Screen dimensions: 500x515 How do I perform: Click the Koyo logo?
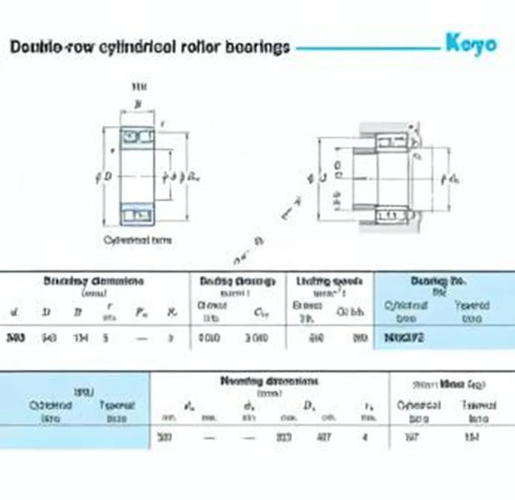[x=471, y=44]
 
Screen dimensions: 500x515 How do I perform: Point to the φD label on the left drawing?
[x=104, y=176]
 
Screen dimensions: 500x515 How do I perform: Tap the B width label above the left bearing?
[x=137, y=104]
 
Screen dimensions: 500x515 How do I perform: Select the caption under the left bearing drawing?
[x=137, y=240]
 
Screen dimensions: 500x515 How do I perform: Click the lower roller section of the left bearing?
[x=137, y=215]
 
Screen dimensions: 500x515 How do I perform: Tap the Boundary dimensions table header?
[x=94, y=282]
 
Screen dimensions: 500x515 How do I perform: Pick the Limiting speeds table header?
[x=329, y=282]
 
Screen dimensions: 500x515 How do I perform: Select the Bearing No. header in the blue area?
[x=438, y=282]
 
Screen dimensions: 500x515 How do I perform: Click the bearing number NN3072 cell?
[x=404, y=338]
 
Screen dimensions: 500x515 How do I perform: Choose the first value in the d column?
[x=15, y=338]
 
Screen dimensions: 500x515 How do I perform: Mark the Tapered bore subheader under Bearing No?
[x=472, y=312]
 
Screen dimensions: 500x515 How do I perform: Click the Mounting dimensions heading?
[x=269, y=381]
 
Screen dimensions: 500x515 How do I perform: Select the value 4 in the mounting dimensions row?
[x=364, y=437]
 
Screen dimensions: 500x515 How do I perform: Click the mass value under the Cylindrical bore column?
[x=412, y=437]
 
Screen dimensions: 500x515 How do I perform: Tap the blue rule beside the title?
[x=367, y=48]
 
